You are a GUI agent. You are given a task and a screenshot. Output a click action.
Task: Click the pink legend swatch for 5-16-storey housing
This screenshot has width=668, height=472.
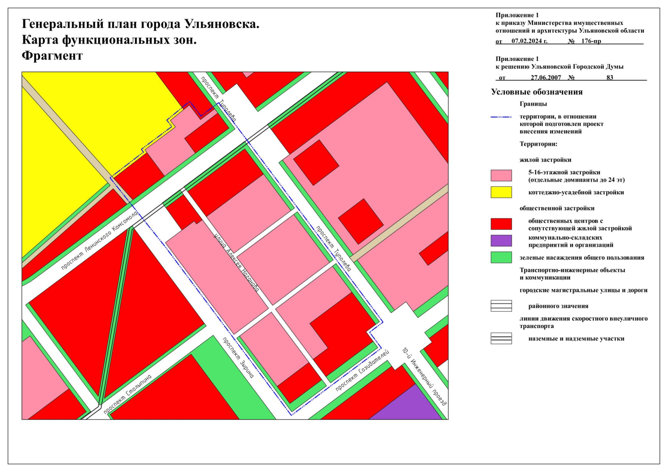[x=501, y=175]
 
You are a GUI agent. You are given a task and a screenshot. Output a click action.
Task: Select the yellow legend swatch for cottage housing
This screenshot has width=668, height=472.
[x=501, y=192]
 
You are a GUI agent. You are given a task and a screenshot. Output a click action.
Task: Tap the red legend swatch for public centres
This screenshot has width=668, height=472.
[x=501, y=224]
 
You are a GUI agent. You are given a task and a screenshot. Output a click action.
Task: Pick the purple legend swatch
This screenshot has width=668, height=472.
[x=501, y=241]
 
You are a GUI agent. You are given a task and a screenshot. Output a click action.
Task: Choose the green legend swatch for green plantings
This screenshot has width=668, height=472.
[x=501, y=258]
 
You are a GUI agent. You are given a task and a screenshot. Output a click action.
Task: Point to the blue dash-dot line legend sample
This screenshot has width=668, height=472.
[x=501, y=117]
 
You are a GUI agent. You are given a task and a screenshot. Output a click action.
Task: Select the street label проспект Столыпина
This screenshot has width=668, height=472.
[x=127, y=394]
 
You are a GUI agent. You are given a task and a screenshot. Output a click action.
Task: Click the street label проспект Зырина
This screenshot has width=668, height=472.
[x=238, y=358]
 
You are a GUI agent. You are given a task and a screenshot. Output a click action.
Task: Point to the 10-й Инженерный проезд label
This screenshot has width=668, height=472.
[x=424, y=376]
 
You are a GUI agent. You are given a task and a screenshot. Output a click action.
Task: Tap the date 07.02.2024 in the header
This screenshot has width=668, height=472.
[x=529, y=41]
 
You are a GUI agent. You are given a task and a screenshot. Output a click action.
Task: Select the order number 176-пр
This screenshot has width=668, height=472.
[x=591, y=41]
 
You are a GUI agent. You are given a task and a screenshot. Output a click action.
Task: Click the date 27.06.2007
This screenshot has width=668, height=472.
[x=546, y=77]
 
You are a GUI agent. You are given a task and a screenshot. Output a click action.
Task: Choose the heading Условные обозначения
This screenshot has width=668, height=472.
[x=537, y=92]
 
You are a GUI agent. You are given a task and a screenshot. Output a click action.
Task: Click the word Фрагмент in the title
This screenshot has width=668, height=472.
[x=52, y=56]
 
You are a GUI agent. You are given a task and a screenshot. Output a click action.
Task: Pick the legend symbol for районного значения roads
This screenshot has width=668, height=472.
[x=501, y=306]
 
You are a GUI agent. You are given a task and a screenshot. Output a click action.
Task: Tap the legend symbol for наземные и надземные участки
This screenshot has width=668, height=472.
[x=501, y=338]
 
